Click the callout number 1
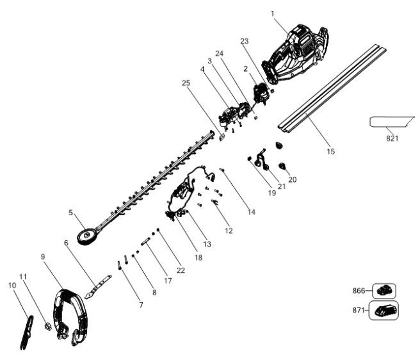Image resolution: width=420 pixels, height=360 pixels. [273, 13]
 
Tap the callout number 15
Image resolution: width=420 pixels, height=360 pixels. [330, 151]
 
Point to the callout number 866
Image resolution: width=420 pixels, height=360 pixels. [359, 290]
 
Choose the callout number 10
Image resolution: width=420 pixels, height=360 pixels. [12, 285]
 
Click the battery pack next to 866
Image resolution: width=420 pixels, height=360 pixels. [384, 290]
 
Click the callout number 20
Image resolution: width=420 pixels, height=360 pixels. [293, 180]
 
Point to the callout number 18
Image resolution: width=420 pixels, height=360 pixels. [198, 258]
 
